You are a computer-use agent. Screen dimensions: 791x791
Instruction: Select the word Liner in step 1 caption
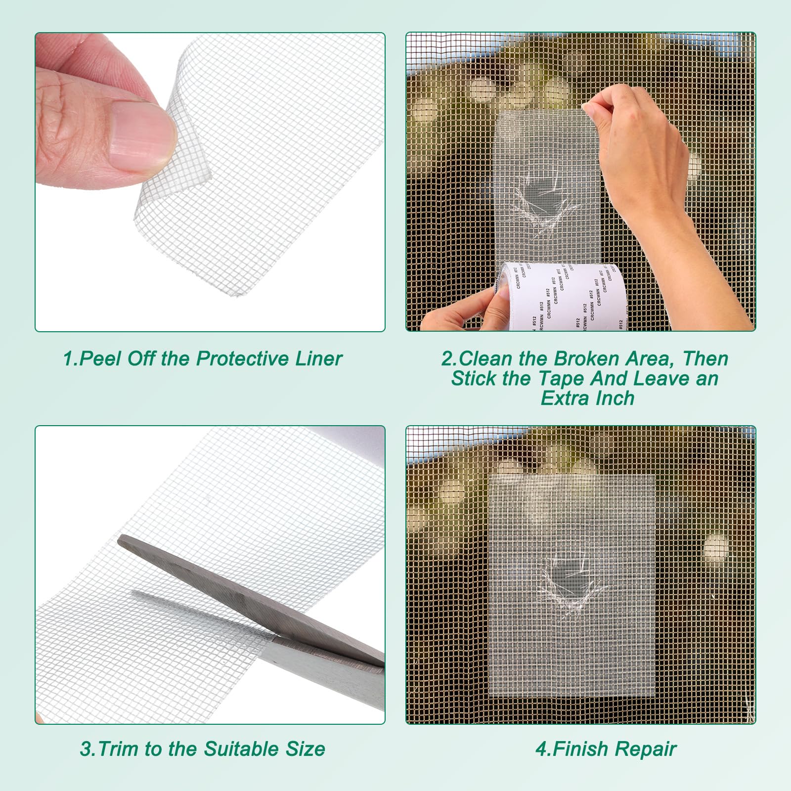tap(319, 359)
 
